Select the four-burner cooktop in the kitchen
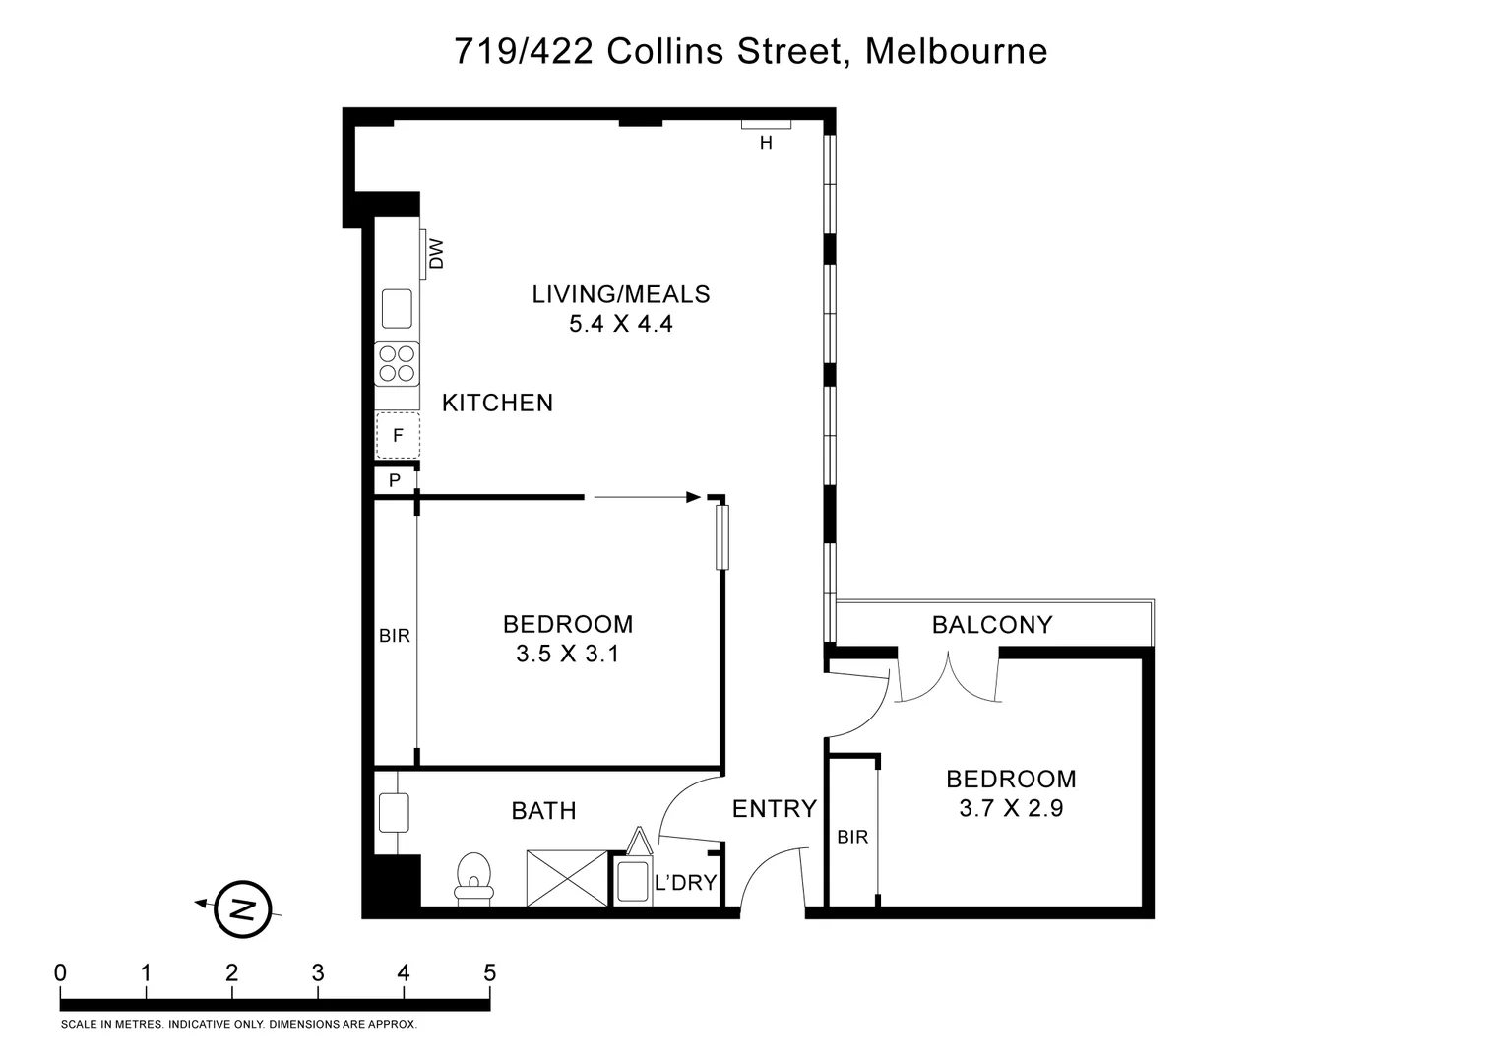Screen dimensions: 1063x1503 tap(398, 363)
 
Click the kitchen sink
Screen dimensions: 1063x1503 tap(398, 309)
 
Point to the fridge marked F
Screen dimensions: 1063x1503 tap(398, 435)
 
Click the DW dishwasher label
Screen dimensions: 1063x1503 tap(437, 254)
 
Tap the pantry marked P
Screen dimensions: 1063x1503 tap(395, 480)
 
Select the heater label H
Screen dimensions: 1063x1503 tap(766, 143)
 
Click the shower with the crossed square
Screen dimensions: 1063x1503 tap(567, 878)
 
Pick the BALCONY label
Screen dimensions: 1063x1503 tap(991, 624)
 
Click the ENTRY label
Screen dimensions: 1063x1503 tap(774, 808)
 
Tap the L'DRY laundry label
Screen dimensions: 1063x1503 tap(685, 882)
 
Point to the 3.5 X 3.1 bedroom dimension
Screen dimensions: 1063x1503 tap(567, 654)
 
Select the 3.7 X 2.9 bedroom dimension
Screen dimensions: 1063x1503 tap(1011, 809)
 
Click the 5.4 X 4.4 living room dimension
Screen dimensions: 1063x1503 tap(620, 324)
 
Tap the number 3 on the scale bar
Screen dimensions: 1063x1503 tap(318, 973)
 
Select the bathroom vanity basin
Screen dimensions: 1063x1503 tap(394, 813)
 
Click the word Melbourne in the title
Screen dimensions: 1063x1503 tap(956, 51)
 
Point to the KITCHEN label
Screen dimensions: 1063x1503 tap(497, 403)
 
